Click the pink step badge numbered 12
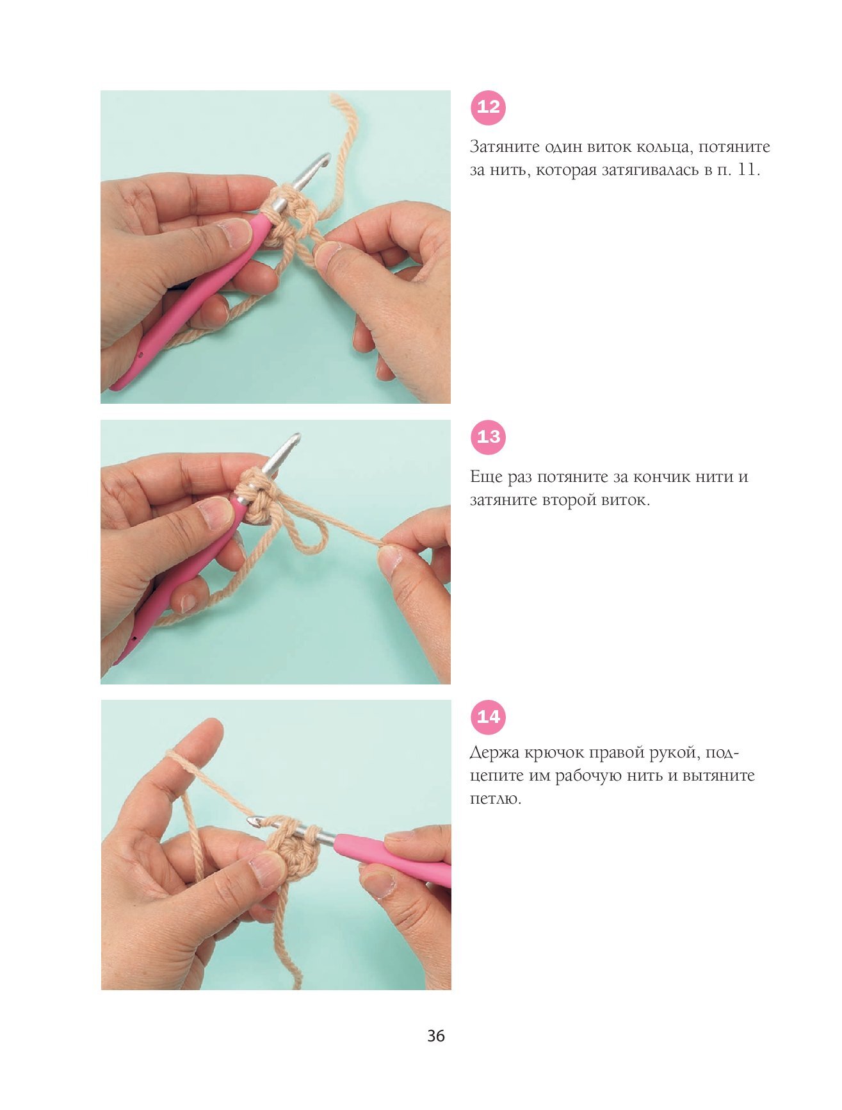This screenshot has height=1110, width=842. click(488, 107)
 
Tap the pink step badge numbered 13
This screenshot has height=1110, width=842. click(488, 437)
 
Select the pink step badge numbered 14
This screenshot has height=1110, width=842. click(488, 717)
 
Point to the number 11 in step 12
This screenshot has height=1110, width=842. click(746, 170)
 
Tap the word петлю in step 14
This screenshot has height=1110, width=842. click(494, 799)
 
